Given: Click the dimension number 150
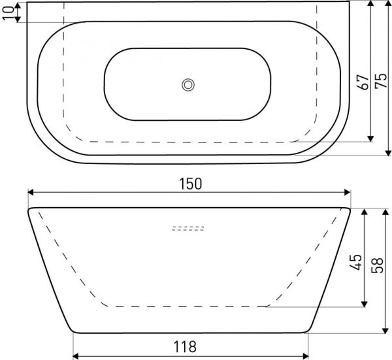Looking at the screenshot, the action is [x=190, y=184].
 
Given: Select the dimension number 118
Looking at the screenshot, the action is [x=185, y=346].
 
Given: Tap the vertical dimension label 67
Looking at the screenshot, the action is [x=363, y=82].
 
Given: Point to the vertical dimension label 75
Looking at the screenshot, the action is [x=382, y=80].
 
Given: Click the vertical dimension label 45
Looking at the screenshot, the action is [x=355, y=262].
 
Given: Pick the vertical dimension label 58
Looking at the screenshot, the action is [x=377, y=265].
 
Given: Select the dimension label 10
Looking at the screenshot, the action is [x=8, y=13].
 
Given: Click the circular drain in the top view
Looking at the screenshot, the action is [x=188, y=85].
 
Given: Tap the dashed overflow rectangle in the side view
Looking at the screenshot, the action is [x=188, y=228].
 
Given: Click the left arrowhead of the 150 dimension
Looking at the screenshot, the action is [x=31, y=192].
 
